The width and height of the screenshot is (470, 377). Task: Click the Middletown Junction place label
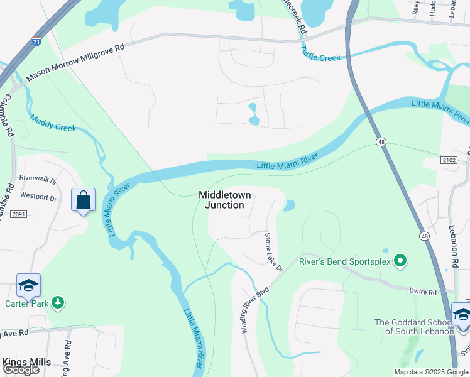[x=226, y=200]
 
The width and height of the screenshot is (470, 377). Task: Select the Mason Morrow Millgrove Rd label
[x=75, y=64]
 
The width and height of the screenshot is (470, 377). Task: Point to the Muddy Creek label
[x=53, y=123]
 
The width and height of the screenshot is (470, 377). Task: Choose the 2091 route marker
[x=18, y=215]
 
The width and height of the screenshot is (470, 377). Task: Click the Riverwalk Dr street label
[x=38, y=178]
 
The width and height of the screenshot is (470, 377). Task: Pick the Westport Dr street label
[x=38, y=197]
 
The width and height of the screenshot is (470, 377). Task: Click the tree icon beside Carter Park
[x=58, y=303]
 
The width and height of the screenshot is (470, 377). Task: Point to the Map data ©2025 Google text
[x=432, y=372]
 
